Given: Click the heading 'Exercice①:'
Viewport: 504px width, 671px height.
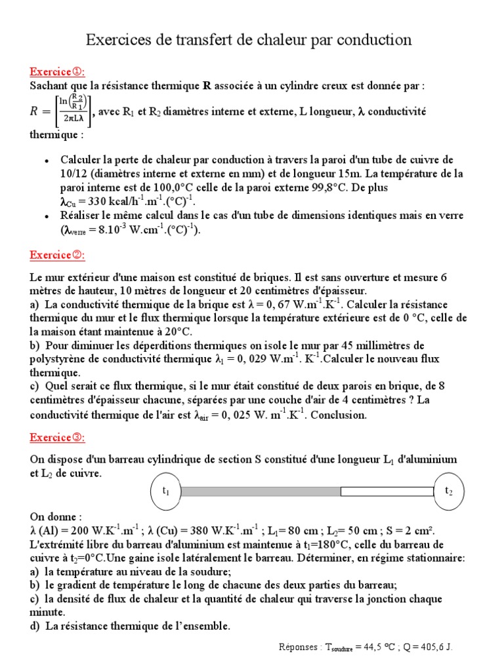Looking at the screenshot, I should (57, 71).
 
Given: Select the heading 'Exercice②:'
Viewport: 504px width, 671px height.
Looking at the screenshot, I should (57, 255).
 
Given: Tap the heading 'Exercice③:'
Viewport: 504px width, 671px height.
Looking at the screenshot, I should (57, 437).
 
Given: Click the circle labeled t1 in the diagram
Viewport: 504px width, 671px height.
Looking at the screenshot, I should (166, 491).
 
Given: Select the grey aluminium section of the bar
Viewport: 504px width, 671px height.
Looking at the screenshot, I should (261, 491).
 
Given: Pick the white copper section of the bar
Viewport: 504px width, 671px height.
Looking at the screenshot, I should (387, 491).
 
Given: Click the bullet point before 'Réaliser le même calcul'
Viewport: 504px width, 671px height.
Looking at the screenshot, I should (45, 216).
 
